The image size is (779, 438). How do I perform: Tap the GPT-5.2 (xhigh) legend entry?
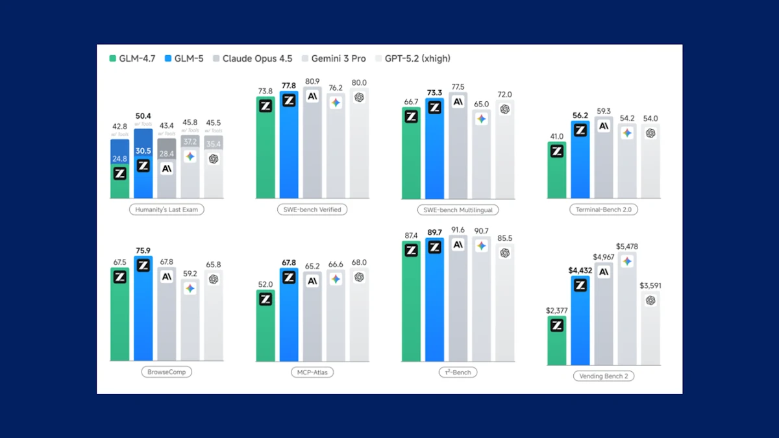coord(413,58)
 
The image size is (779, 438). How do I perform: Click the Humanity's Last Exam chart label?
coord(167,210)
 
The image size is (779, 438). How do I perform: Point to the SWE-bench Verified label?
coord(312,210)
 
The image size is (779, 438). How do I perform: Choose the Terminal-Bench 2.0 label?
coord(603,210)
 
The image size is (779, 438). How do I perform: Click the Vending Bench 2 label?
coord(603,376)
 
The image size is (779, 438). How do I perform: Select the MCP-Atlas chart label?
coord(312,372)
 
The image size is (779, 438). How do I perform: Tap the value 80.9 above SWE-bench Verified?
coord(312,82)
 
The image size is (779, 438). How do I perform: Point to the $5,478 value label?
coord(626,247)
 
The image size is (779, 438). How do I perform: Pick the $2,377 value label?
coord(556,310)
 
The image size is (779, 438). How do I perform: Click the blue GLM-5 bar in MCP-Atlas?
coord(289,318)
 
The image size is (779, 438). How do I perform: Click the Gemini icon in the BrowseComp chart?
coord(190,288)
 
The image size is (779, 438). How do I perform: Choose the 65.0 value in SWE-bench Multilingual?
coord(481,103)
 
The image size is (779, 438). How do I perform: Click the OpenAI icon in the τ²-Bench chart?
coord(504,252)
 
